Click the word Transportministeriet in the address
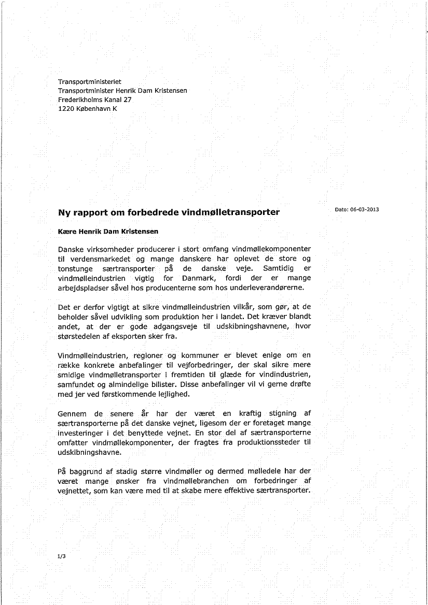tap(89, 81)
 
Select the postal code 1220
tap(66, 108)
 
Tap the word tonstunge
tap(76, 268)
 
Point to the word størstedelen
tap(80, 336)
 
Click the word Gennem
tap(73, 413)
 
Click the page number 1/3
tap(62, 556)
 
